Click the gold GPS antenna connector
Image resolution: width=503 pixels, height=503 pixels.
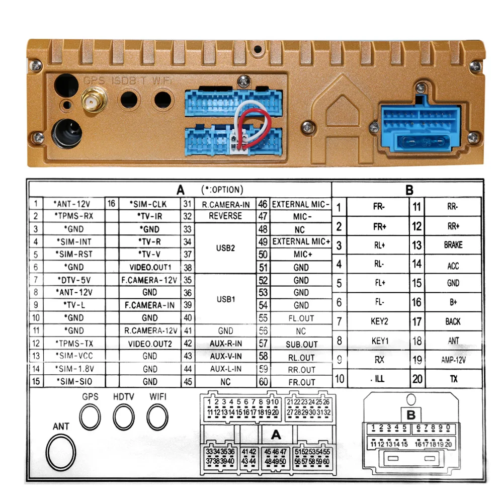92,102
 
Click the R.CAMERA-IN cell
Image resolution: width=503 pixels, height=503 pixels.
225,204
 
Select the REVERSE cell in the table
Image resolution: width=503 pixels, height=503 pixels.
225,216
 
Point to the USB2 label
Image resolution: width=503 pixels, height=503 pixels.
225,248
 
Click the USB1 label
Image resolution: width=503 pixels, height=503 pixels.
225,299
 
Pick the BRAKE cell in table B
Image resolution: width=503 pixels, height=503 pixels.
453,245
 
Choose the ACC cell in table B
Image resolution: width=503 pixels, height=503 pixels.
453,265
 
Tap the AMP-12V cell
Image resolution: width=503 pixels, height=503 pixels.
453,360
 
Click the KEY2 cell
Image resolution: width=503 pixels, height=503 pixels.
379,321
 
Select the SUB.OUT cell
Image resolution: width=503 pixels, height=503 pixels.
301,345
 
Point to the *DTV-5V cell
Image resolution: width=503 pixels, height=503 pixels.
73,280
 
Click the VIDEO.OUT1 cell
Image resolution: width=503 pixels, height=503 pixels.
149,267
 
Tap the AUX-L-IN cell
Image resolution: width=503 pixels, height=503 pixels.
225,369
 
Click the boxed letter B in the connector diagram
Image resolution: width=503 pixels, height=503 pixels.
410,415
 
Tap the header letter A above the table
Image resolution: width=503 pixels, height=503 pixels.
181,190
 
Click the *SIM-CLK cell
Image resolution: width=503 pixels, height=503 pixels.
149,204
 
